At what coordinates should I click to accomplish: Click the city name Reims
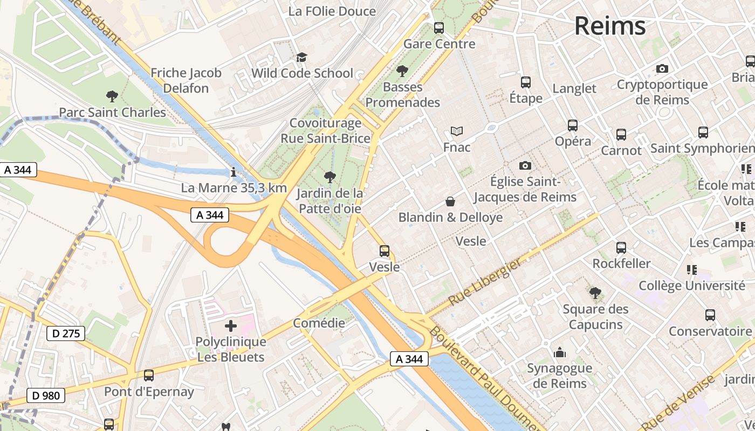609,26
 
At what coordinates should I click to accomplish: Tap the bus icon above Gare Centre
439,27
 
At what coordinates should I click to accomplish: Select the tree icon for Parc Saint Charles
112,96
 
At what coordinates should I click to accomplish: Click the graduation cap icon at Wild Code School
301,57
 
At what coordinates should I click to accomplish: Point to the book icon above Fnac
457,131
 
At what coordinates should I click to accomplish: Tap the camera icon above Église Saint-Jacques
525,165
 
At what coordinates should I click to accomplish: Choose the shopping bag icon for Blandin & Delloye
450,201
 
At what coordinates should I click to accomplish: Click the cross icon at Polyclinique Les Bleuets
231,325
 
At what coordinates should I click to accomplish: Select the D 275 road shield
66,333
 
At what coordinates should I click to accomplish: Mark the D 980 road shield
46,395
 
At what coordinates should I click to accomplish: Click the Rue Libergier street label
485,282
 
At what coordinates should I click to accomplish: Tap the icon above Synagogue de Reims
559,352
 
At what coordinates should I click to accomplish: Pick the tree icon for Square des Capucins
595,293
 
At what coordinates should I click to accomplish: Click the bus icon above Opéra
573,126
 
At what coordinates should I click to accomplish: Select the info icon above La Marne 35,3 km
233,172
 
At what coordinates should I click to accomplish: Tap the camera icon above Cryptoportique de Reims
662,68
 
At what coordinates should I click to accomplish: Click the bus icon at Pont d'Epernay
148,376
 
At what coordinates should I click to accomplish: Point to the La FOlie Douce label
332,11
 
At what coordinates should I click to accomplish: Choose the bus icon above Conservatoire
710,315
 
